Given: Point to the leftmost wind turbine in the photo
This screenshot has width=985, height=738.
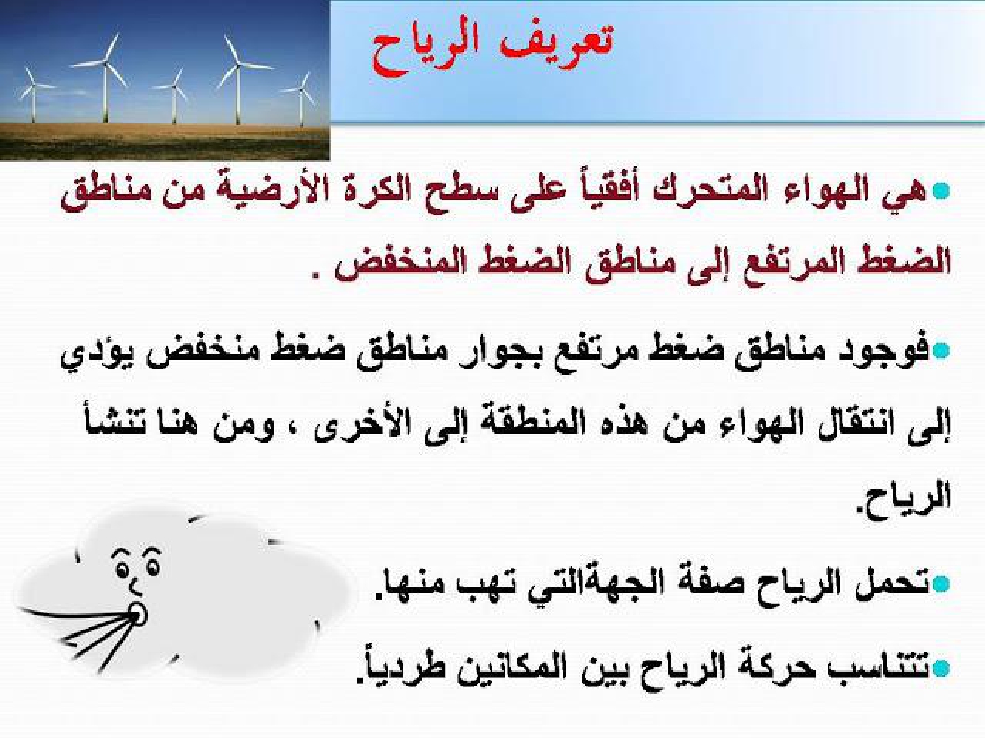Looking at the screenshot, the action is (x=32, y=94).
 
